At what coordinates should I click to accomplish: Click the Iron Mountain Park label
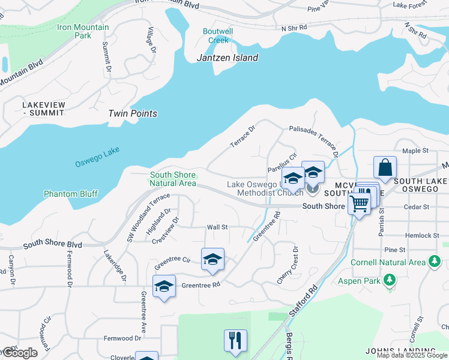pyautogui.click(x=83, y=31)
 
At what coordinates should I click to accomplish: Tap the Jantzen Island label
pyautogui.click(x=228, y=58)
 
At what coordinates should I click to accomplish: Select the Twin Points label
pyautogui.click(x=133, y=113)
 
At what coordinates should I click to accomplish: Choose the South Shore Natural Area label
pyautogui.click(x=173, y=179)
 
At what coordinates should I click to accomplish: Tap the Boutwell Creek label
pyautogui.click(x=218, y=36)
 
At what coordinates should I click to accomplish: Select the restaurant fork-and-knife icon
pyautogui.click(x=236, y=340)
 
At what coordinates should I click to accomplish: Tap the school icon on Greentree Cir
pyautogui.click(x=212, y=259)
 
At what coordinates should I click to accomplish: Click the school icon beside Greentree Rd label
pyautogui.click(x=164, y=287)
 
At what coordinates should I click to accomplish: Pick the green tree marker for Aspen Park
pyautogui.click(x=390, y=280)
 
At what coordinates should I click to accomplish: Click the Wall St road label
pyautogui.click(x=217, y=227)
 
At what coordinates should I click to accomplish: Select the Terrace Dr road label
pyautogui.click(x=243, y=137)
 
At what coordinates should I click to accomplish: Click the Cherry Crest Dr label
pyautogui.click(x=289, y=265)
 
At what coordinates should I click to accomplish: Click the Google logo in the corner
pyautogui.click(x=19, y=353)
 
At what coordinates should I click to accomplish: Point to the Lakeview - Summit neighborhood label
pyautogui.click(x=43, y=109)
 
